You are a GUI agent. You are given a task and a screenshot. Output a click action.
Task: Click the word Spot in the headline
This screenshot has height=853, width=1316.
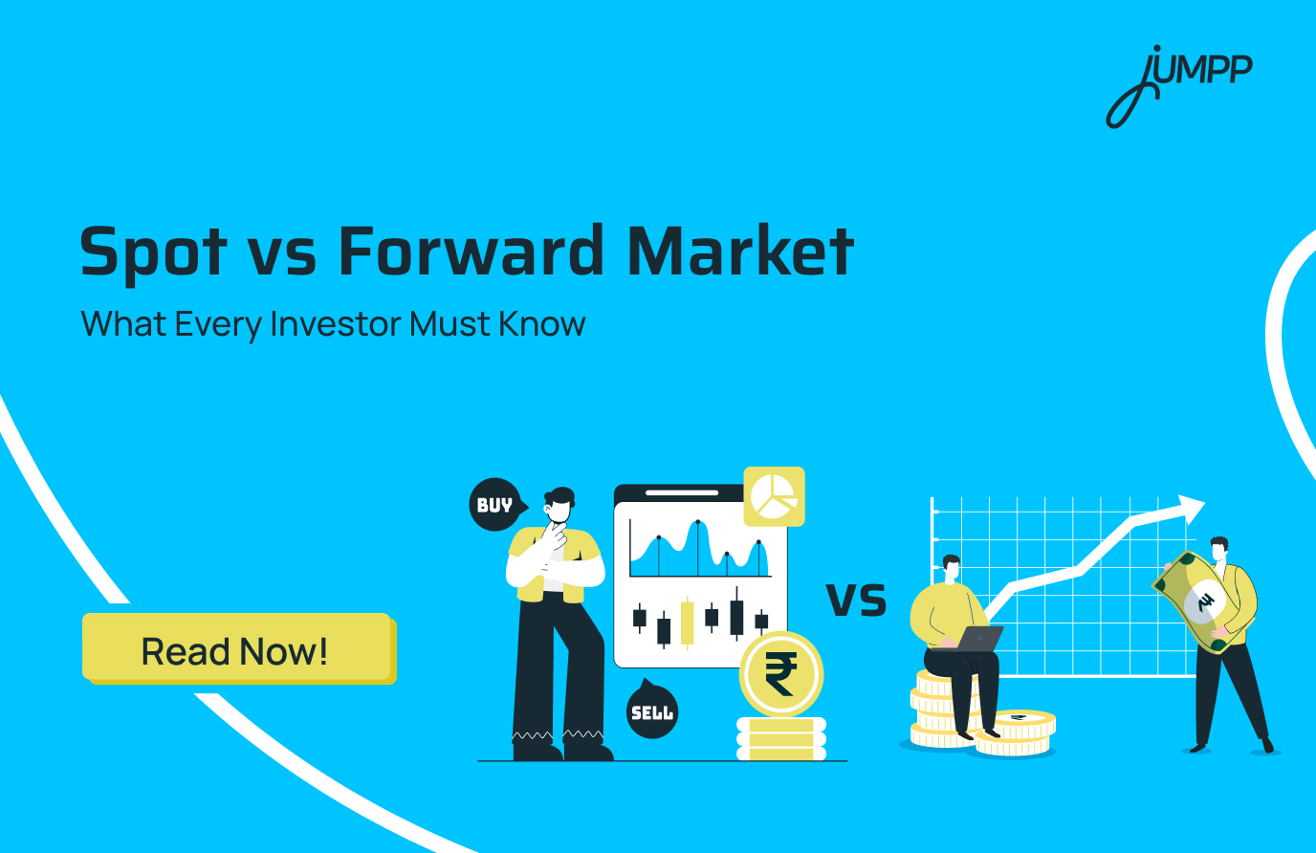click(x=153, y=252)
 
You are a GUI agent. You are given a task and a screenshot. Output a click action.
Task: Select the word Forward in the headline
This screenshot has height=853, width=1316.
click(x=472, y=251)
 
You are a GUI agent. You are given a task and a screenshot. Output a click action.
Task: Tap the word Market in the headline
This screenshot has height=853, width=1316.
click(x=740, y=251)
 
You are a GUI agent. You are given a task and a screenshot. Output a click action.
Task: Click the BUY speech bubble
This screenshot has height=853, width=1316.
click(x=495, y=504)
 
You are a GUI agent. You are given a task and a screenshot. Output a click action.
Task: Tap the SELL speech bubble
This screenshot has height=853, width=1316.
click(x=651, y=711)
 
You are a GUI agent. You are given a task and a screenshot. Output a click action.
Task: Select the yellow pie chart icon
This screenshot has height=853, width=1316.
click(x=774, y=495)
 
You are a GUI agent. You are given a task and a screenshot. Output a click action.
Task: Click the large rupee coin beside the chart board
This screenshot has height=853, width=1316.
click(x=780, y=674)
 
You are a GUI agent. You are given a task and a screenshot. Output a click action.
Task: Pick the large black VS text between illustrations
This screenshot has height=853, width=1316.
click(x=856, y=599)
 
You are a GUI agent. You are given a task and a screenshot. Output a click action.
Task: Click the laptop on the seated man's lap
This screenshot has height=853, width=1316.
click(x=978, y=638)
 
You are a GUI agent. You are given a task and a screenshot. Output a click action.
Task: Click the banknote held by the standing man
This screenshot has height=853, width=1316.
click(x=1203, y=601)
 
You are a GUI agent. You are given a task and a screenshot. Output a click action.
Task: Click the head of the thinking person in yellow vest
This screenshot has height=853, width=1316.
click(x=559, y=504)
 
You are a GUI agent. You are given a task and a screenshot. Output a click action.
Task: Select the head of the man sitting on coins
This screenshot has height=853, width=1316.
click(x=951, y=567)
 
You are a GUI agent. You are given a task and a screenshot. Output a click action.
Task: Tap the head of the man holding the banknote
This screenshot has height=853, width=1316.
click(x=1218, y=549)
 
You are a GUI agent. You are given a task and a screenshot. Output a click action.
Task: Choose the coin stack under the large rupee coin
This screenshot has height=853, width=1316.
click(x=780, y=739)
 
